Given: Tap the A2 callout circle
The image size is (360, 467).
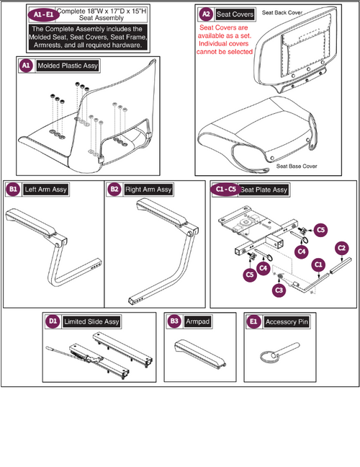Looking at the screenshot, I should [206, 14].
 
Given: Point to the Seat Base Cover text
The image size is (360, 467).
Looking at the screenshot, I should [297, 166].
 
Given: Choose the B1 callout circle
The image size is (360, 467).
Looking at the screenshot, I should [14, 190].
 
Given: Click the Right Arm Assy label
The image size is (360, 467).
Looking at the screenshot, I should [149, 190].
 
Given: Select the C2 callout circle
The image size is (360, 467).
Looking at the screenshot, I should [342, 249].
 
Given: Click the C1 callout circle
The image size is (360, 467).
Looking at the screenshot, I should [318, 264].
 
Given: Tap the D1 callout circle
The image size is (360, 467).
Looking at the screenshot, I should [53, 321].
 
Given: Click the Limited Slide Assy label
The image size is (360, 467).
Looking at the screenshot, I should [91, 321].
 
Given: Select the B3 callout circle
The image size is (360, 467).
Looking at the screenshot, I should [174, 321].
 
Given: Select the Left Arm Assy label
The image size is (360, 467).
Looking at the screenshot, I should [45, 190].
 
